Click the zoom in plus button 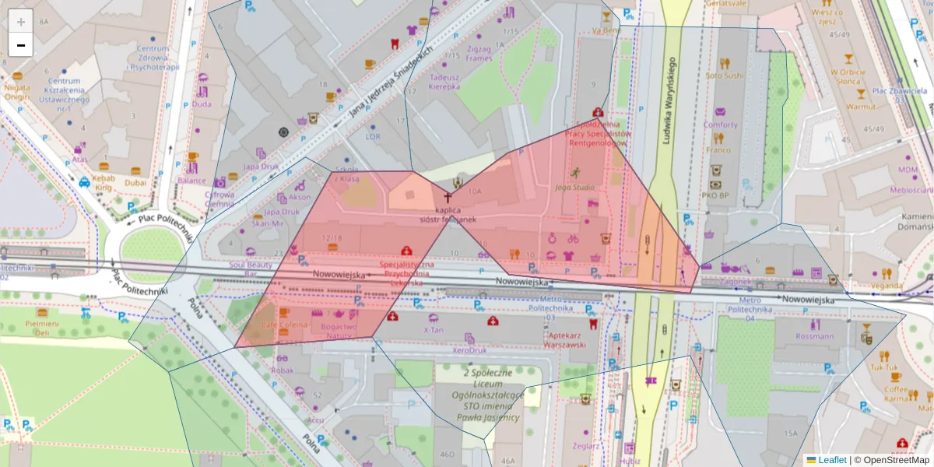21,21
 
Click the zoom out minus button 21,45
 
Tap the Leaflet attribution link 831,460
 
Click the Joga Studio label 575,188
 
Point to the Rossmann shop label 814,337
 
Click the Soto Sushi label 725,75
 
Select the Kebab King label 104,183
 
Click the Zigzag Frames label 479,53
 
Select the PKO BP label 714,195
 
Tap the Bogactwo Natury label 339,332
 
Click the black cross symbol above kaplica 448,198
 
